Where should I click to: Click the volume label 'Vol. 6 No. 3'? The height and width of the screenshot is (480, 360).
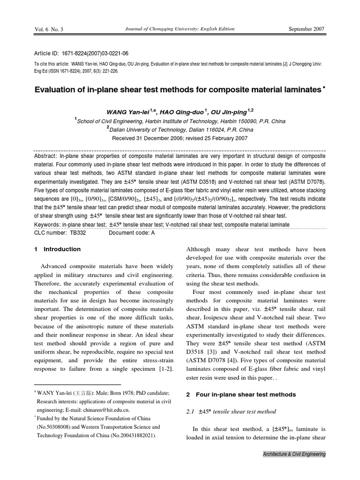click(49, 30)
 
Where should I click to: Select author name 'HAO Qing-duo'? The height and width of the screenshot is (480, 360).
click(185, 112)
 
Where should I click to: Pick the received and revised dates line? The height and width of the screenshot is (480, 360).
click(180, 138)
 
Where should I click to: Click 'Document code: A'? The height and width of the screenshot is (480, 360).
click(132, 232)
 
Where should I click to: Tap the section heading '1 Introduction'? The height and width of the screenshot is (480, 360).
click(58, 249)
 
